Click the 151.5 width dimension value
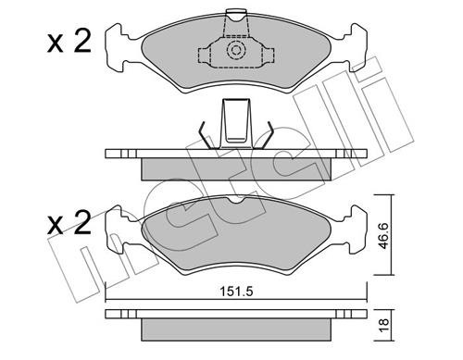pos(236,292)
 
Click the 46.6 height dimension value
pos(383,236)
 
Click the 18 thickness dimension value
pos(383,325)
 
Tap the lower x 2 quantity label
pos(69,223)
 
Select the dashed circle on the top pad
pos(236,50)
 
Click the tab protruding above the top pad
pos(237,15)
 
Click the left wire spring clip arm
pos(206,135)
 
